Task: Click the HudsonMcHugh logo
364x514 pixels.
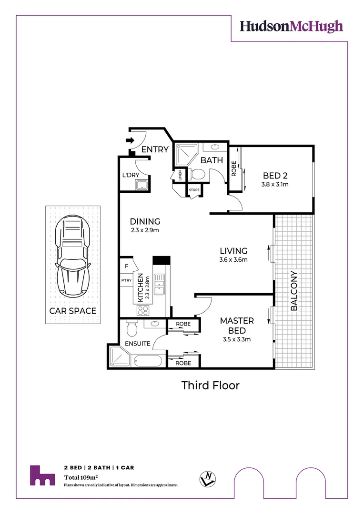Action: point(291,26)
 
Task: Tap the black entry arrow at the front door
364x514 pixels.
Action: point(129,140)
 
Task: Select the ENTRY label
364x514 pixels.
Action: point(155,149)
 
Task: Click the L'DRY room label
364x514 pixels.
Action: point(131,175)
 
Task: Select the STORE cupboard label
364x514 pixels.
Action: point(194,190)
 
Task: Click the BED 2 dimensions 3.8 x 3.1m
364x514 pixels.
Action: point(275,184)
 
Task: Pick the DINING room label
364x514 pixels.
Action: point(145,221)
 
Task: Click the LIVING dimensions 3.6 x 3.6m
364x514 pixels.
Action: point(233,260)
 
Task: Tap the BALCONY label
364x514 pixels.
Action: point(294,291)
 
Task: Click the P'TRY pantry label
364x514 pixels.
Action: point(126,281)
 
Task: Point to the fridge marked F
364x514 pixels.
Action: point(126,266)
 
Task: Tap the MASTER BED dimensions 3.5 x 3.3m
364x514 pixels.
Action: point(236,339)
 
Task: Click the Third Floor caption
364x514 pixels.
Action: point(210,385)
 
